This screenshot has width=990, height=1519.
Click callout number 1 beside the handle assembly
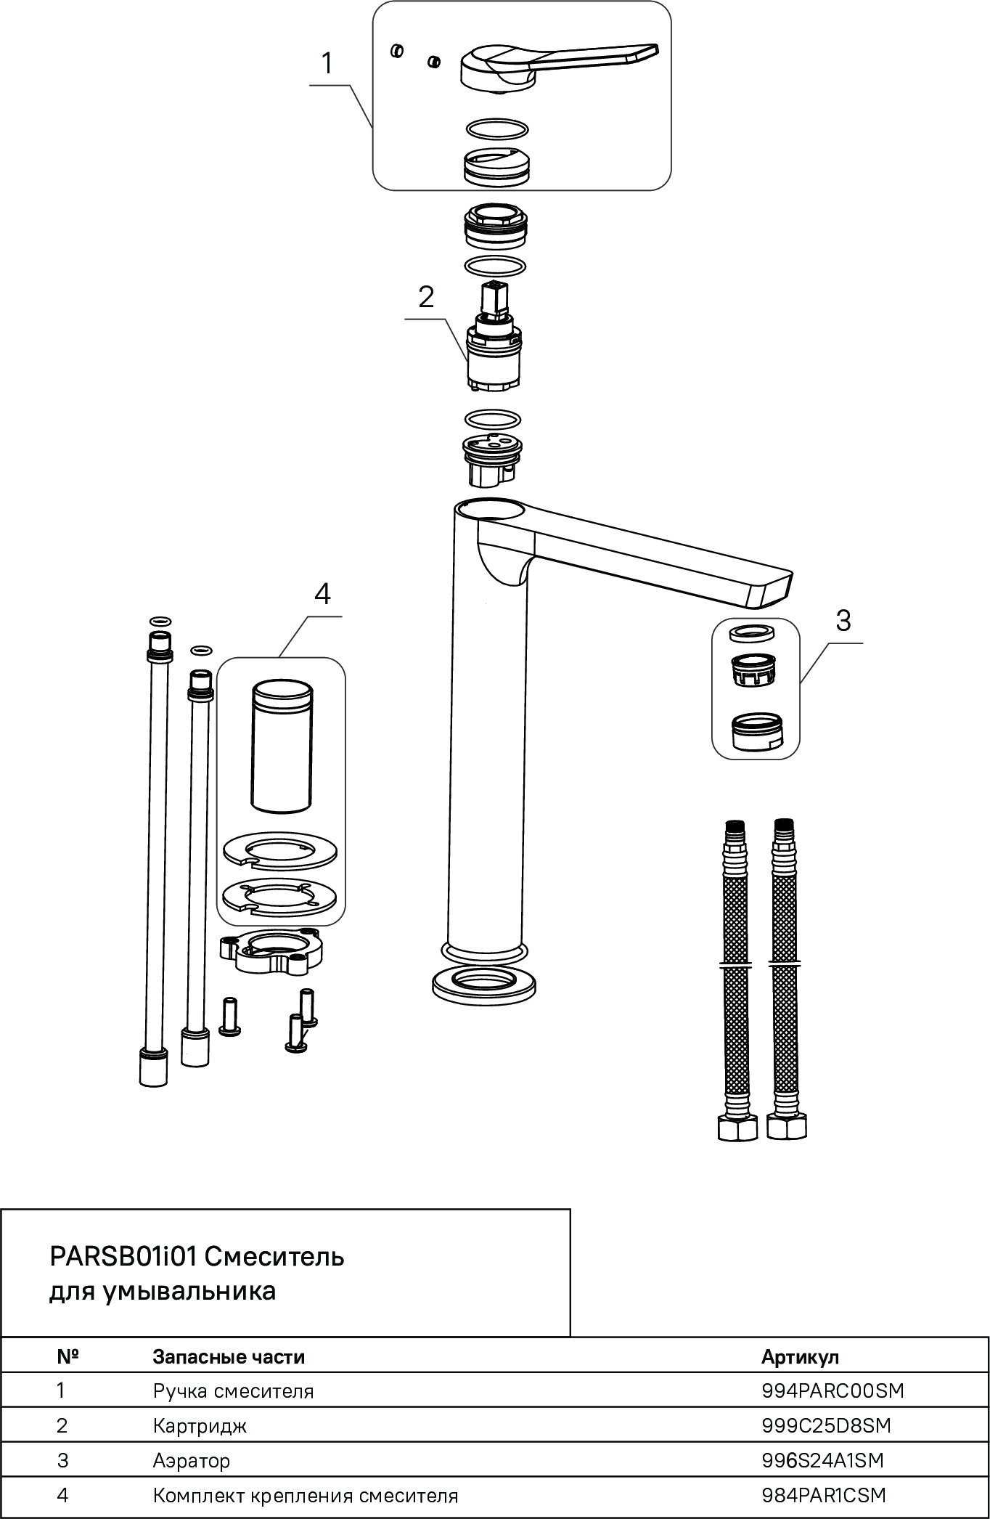(327, 64)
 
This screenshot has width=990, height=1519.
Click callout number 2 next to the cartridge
(426, 296)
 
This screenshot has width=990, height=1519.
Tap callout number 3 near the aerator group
(843, 620)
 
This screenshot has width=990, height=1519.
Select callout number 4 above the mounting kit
(322, 594)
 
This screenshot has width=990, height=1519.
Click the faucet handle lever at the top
(560, 67)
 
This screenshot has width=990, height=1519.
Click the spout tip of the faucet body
(770, 588)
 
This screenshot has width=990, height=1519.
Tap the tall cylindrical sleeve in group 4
(282, 746)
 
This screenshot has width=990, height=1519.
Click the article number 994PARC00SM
(833, 1390)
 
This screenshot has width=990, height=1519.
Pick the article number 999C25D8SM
(826, 1425)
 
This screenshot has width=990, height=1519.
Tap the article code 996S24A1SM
(823, 1460)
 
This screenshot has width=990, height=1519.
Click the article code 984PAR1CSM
(824, 1495)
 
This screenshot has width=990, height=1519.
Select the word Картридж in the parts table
(200, 1426)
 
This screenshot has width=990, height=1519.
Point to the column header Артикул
(800, 1356)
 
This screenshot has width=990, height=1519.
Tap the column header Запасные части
(229, 1356)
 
